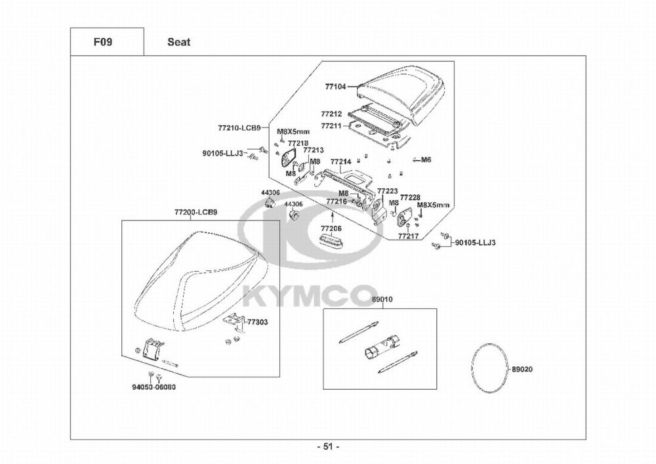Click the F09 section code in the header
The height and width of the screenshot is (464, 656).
102,42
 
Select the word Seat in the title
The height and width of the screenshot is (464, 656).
178,42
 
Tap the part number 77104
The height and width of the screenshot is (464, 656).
335,86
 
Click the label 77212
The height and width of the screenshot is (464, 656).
331,114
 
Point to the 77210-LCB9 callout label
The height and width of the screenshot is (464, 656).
239,127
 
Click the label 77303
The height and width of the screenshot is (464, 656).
257,323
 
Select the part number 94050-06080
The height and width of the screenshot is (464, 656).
154,387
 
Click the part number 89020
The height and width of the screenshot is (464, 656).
522,369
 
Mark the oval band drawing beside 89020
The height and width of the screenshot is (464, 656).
489,369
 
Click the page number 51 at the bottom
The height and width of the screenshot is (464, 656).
328,447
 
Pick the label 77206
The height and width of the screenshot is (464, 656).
331,228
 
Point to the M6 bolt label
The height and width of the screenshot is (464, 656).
426,159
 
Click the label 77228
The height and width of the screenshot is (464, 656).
410,197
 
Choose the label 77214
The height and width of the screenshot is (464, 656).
340,161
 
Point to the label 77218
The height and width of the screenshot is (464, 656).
298,142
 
